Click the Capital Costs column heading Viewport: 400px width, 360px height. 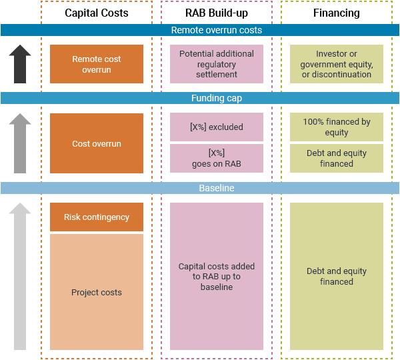(97, 13)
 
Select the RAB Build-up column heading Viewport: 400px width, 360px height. (216, 13)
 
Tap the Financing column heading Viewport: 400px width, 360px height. (337, 13)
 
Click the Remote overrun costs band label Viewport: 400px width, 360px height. (216, 30)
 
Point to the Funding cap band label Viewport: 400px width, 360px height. (216, 98)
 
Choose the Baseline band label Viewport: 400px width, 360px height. (216, 189)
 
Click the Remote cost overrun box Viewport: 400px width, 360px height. (97, 64)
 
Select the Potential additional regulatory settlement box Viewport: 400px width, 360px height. (217, 64)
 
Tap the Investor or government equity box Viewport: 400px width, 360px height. (337, 64)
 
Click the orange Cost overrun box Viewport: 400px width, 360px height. (97, 143)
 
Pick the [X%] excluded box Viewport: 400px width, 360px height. (217, 127)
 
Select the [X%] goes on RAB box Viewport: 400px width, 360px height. (217, 158)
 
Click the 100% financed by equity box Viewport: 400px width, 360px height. (337, 127)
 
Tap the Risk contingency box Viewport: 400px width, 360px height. (97, 217)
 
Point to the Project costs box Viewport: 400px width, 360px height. (97, 292)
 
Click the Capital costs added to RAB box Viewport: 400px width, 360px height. (217, 276)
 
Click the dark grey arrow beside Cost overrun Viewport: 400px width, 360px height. (21, 143)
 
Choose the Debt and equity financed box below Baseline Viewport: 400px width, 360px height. (337, 276)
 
